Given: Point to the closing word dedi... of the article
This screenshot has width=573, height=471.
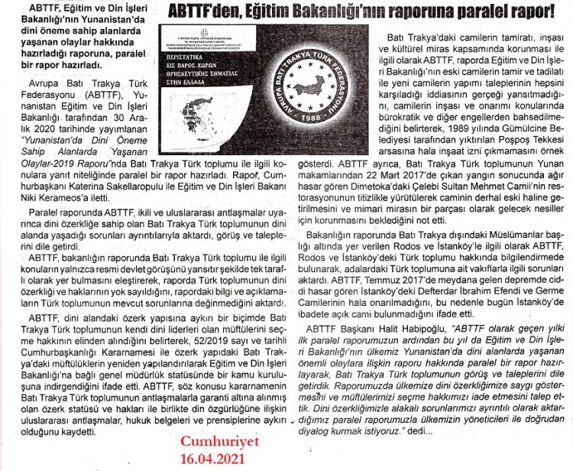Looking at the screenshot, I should pyautogui.click(x=416, y=430).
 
